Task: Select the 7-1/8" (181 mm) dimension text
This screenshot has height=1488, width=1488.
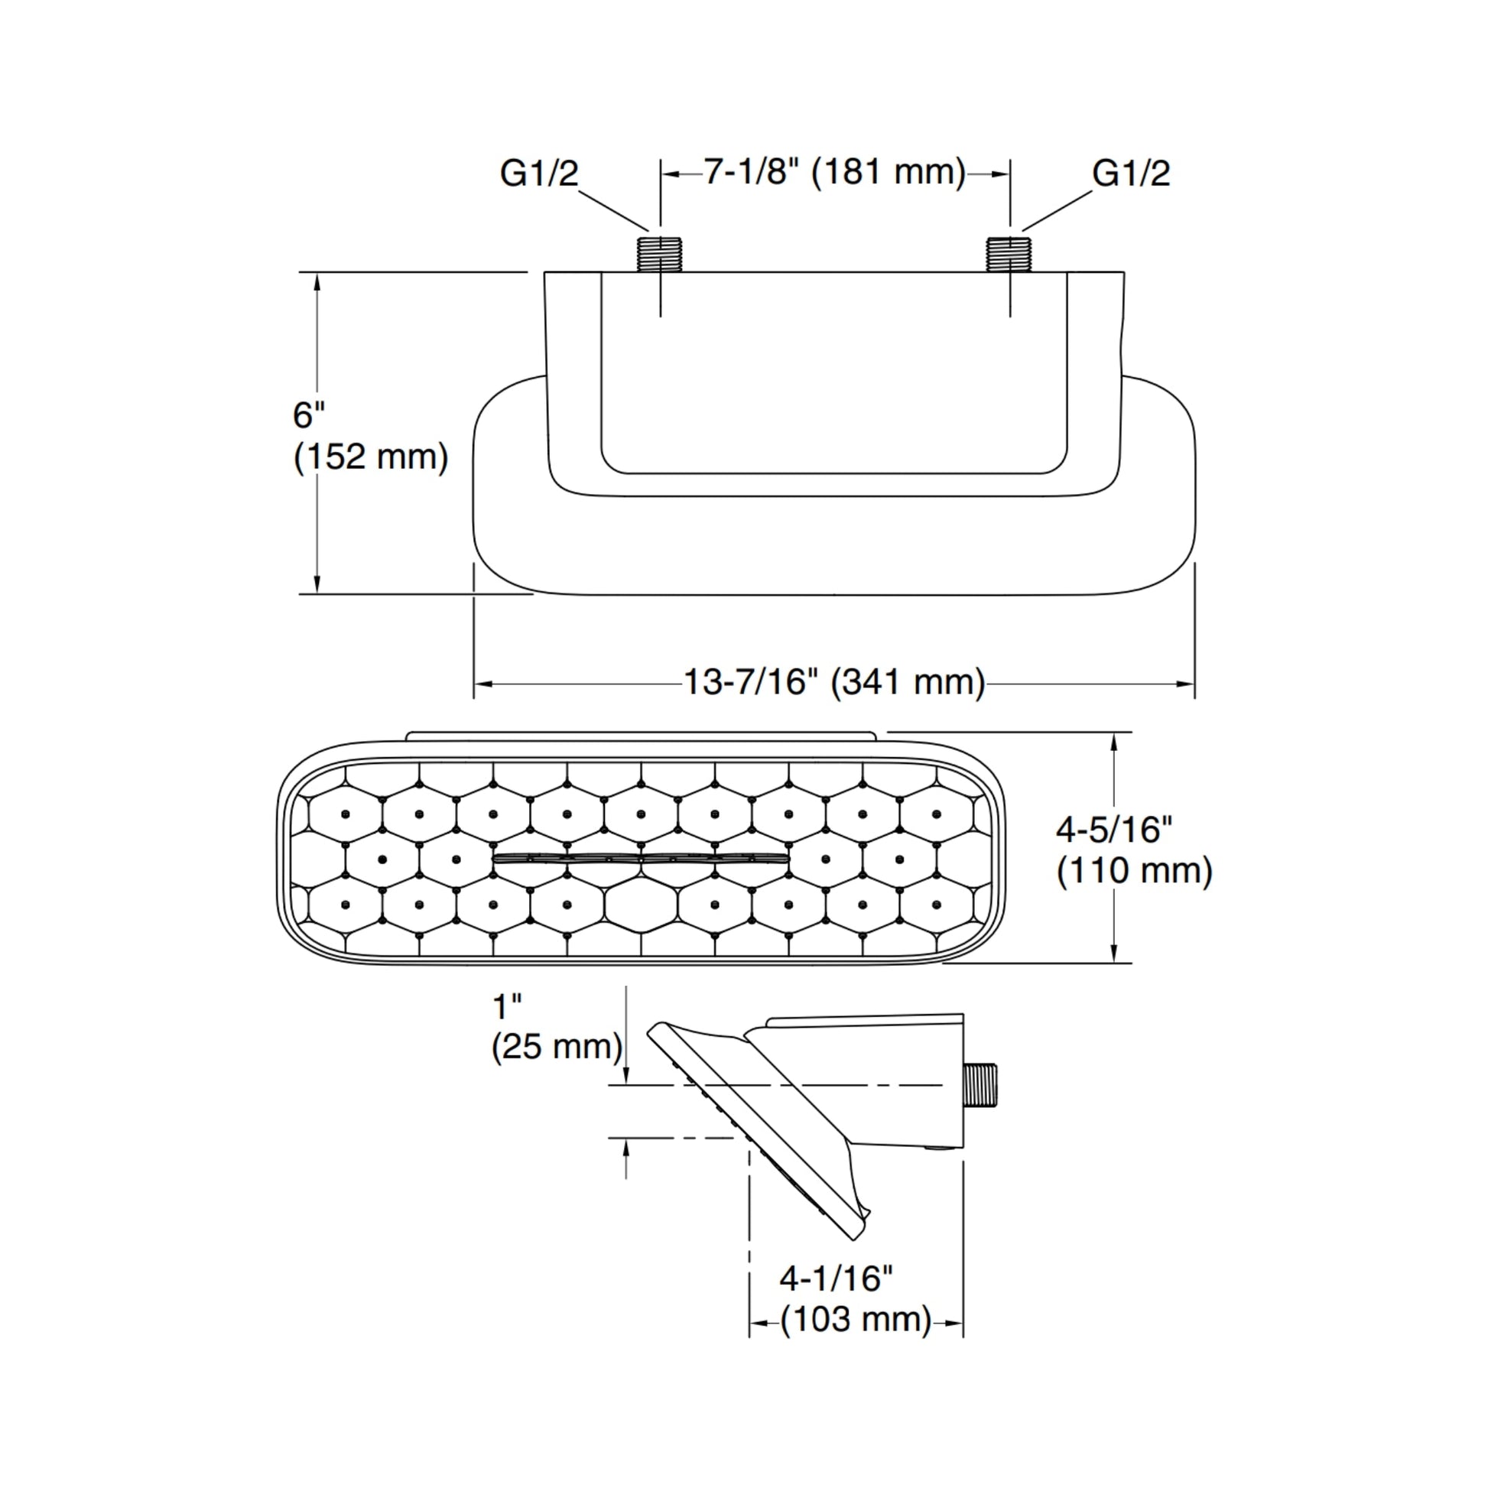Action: tap(834, 171)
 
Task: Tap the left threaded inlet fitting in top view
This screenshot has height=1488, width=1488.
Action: tap(660, 253)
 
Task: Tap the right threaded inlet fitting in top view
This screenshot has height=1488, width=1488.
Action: tap(1009, 253)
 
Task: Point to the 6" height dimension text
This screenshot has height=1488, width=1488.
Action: tap(308, 415)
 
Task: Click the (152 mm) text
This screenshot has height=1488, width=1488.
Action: tap(370, 456)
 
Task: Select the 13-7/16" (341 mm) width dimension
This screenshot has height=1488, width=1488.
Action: tap(834, 681)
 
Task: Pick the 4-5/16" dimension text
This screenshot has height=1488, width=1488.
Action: tap(1113, 830)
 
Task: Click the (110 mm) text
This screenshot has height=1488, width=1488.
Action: tap(1134, 871)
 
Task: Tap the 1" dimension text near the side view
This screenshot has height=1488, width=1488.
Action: tap(507, 1006)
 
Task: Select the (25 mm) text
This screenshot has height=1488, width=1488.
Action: tap(556, 1047)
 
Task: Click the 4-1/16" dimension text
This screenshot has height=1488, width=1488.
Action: tap(836, 1278)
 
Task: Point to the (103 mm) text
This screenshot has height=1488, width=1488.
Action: tap(855, 1319)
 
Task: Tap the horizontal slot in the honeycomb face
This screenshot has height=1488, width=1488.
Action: tap(641, 857)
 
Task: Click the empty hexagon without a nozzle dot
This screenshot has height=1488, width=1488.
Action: tap(641, 905)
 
